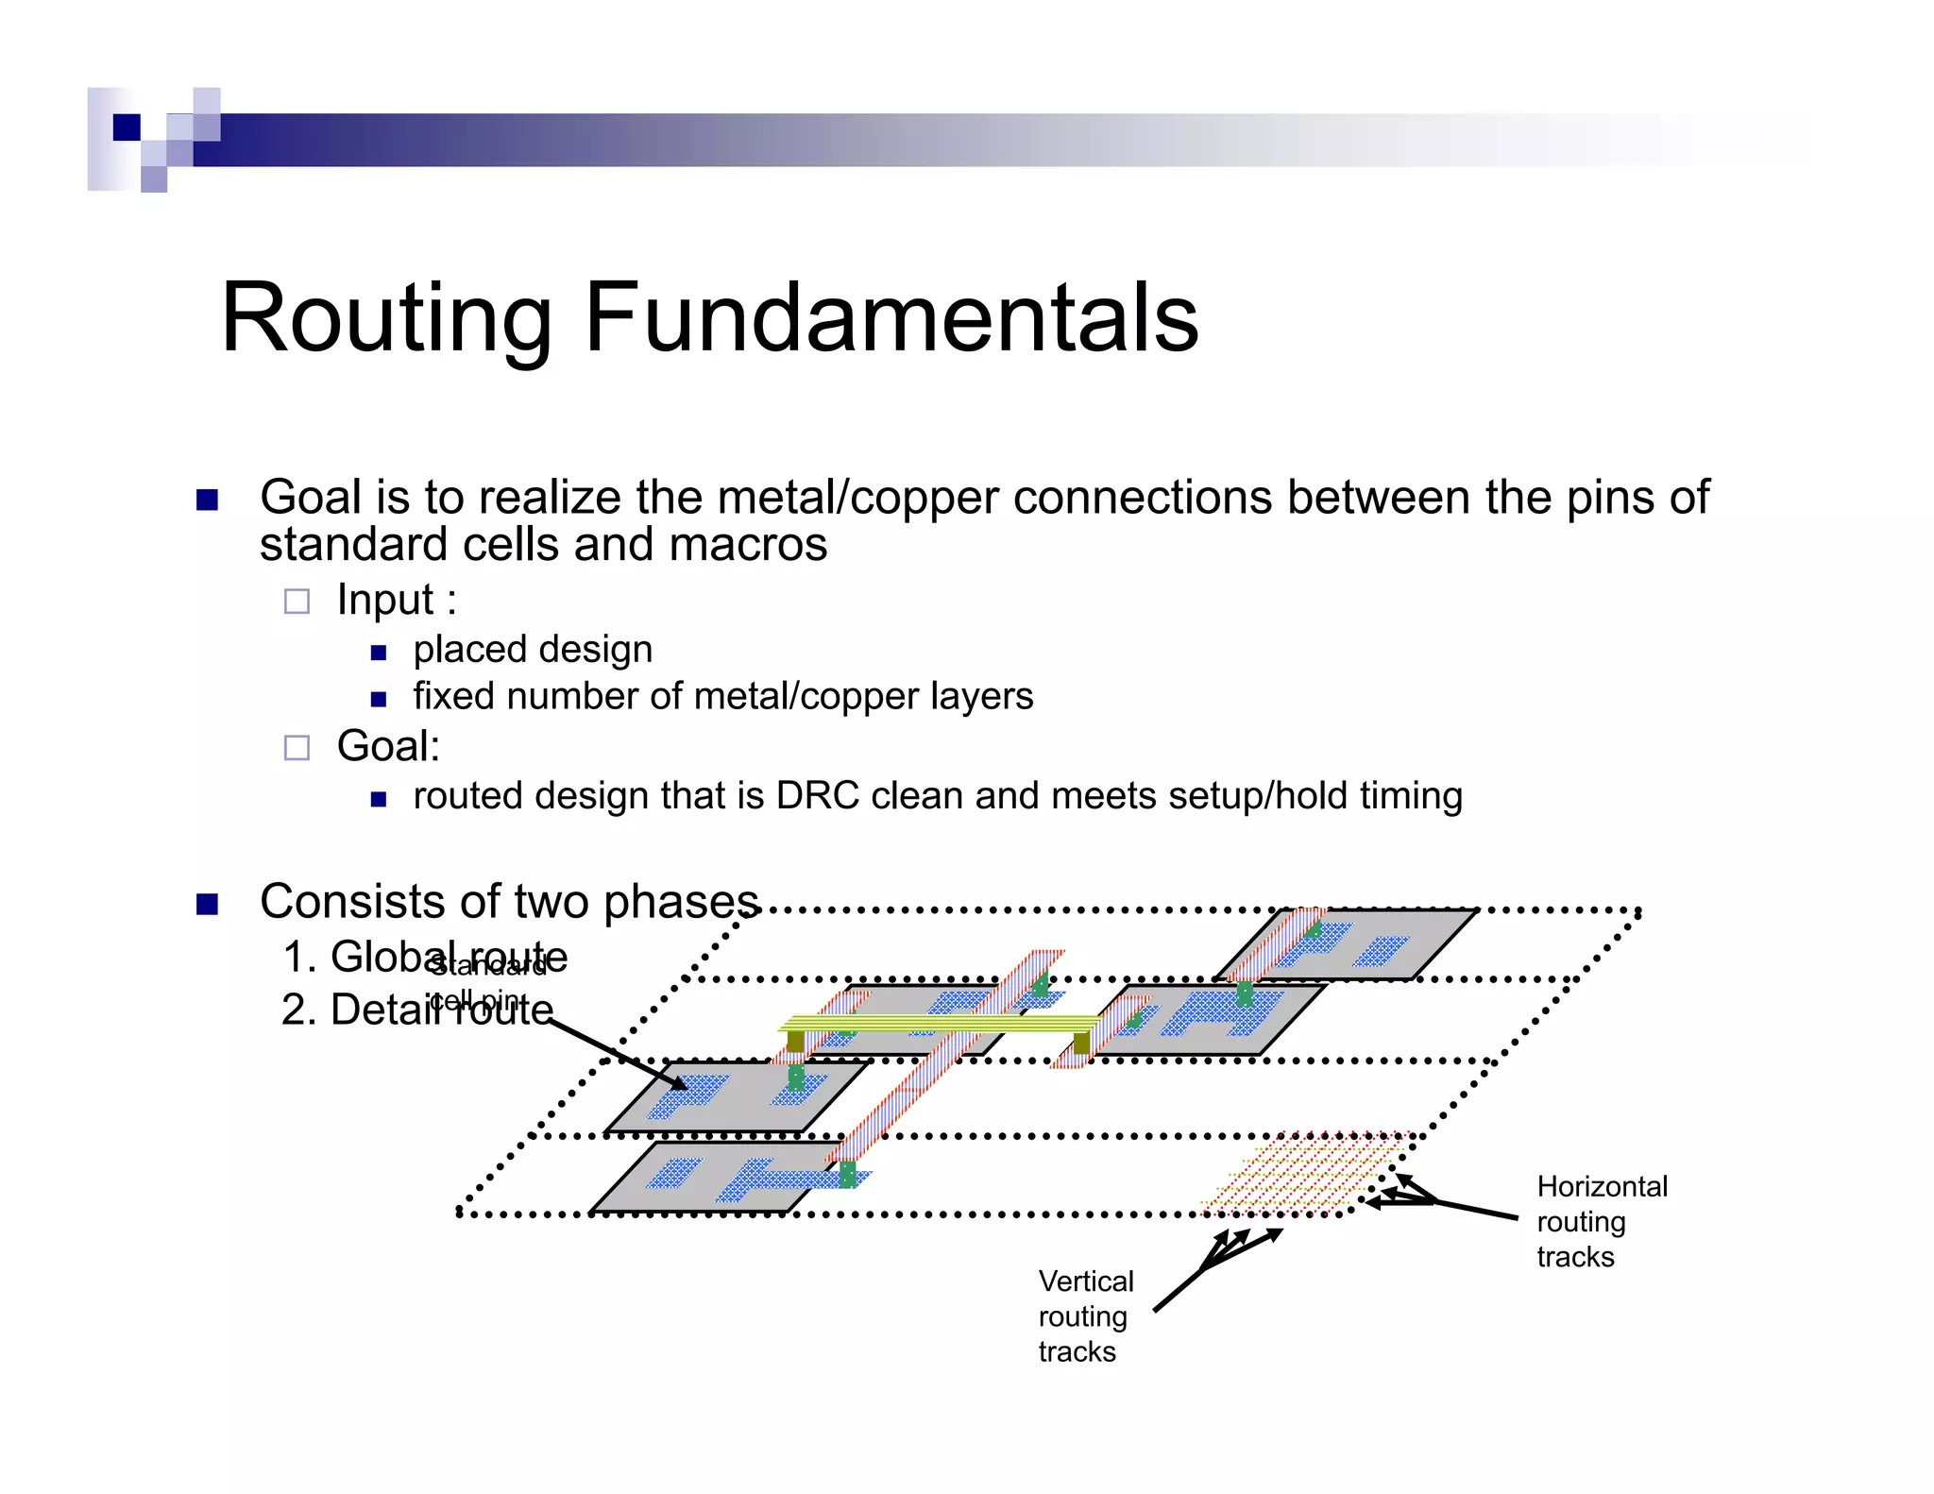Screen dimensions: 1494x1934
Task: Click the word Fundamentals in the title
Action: point(891,318)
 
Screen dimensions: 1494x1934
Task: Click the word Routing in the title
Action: point(385,318)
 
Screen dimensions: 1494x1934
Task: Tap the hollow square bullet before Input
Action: point(297,602)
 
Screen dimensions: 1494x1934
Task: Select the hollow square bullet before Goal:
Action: point(297,748)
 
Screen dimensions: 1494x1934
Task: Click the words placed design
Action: point(533,650)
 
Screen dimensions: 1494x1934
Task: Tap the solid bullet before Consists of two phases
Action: point(207,904)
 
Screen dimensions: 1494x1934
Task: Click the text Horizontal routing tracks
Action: point(1601,1221)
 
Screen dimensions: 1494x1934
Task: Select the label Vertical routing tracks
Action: point(1085,1316)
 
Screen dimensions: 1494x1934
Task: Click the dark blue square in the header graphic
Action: point(127,127)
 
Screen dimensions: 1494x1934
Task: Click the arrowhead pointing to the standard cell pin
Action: point(678,1084)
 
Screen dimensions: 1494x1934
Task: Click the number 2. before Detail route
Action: point(298,1010)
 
